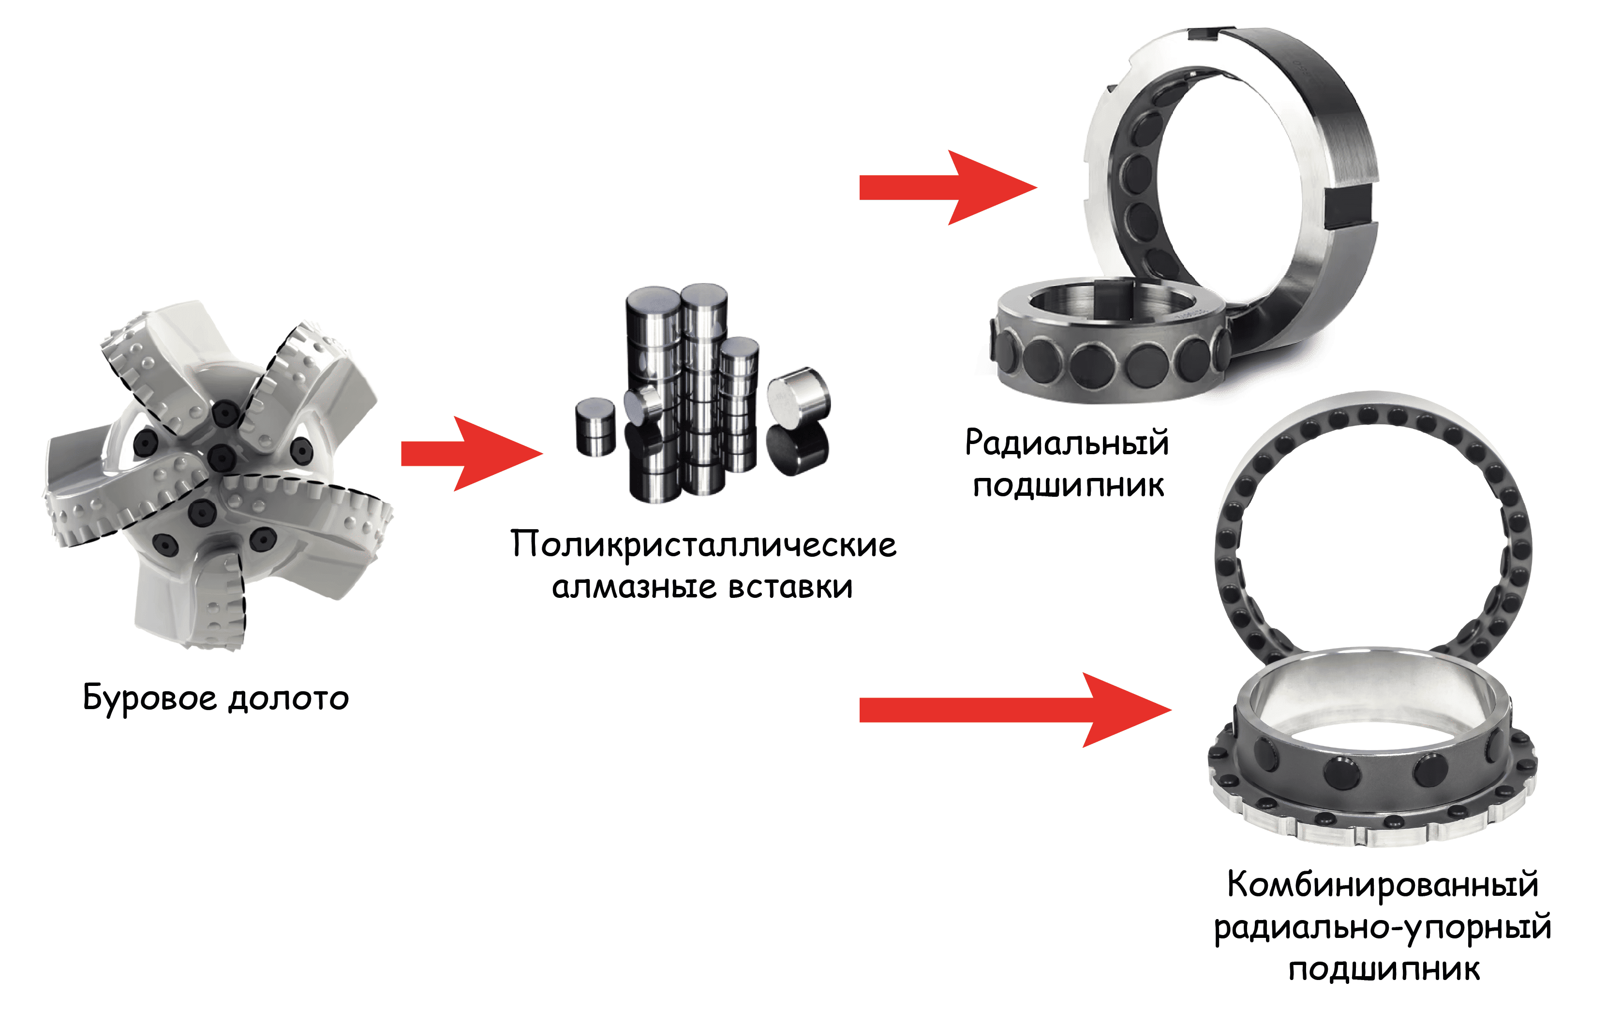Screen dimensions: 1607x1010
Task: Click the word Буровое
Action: [149, 698]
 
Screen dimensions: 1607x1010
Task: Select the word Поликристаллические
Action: [703, 546]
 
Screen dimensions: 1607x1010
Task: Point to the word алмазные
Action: [635, 587]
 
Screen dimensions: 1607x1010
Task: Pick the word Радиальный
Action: [1067, 443]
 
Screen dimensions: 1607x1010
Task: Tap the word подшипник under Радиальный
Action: [1069, 486]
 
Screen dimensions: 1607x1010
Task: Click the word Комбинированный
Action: [1383, 885]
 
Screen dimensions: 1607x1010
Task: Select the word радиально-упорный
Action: [1383, 927]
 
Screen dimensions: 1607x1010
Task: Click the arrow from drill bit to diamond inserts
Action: [472, 454]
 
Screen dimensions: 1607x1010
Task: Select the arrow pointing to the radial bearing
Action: [948, 188]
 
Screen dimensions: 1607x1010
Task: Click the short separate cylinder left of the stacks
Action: [595, 428]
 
